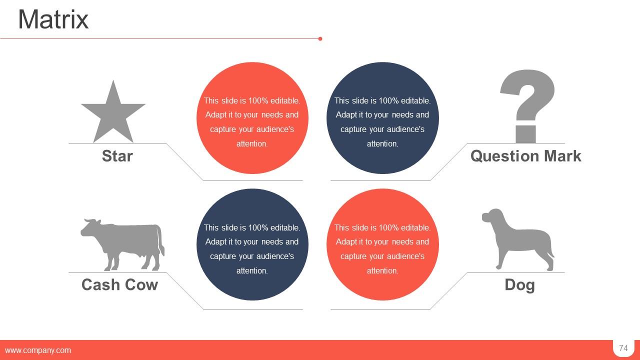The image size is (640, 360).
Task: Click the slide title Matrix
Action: [x=53, y=20]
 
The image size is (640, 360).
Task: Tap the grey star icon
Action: [x=113, y=114]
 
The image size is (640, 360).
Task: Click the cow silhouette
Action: [x=125, y=242]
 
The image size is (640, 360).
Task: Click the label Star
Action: [x=117, y=156]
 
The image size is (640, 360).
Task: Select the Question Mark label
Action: [x=525, y=156]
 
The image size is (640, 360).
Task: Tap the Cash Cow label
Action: [x=119, y=284]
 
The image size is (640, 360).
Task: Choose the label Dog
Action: [x=519, y=284]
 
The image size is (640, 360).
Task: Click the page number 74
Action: [x=623, y=348]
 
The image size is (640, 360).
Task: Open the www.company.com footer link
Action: [x=38, y=350]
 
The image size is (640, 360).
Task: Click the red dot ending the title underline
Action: [x=320, y=38]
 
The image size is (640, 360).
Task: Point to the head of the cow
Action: [x=90, y=227]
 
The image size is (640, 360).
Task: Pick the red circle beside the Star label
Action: [x=252, y=118]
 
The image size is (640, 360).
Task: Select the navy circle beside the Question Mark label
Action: [x=382, y=118]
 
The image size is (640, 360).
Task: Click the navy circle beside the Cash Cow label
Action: [x=252, y=244]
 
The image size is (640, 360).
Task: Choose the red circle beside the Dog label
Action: [x=382, y=244]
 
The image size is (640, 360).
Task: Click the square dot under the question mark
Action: [x=525, y=134]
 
